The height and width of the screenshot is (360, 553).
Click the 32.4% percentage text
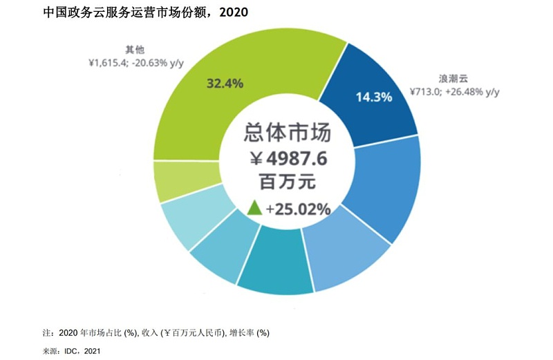click(225, 84)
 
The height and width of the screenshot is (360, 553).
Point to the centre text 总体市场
click(286, 132)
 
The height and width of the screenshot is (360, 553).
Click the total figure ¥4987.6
click(286, 159)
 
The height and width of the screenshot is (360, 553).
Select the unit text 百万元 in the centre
click(286, 184)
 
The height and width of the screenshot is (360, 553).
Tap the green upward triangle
click(254, 207)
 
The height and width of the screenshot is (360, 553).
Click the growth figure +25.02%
click(298, 208)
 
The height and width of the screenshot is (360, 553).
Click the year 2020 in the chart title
click(229, 12)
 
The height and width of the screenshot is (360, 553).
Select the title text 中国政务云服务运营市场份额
click(124, 12)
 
